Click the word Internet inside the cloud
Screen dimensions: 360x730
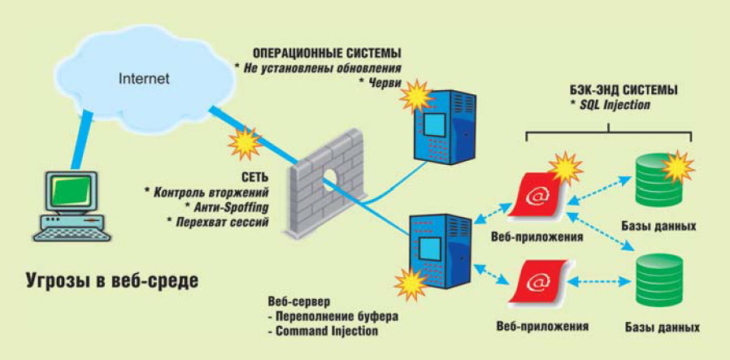(144, 79)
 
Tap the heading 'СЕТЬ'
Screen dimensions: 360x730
(251, 176)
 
